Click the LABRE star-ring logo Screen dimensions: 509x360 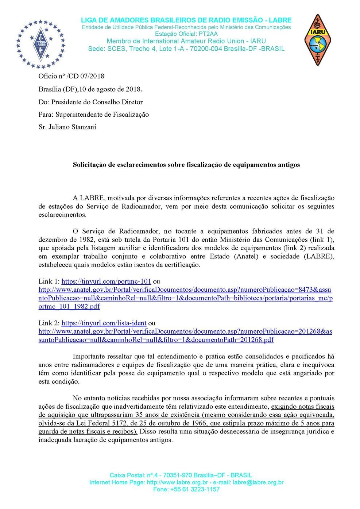(40, 44)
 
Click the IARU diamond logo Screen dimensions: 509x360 (317, 40)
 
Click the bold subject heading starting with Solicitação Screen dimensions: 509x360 (186, 164)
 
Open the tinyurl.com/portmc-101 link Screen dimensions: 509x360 (106, 281)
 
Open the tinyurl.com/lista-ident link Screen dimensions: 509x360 (104, 323)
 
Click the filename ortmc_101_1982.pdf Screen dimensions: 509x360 (69, 306)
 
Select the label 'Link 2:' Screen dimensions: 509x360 (49, 323)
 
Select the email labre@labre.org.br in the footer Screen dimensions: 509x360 (258, 482)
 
